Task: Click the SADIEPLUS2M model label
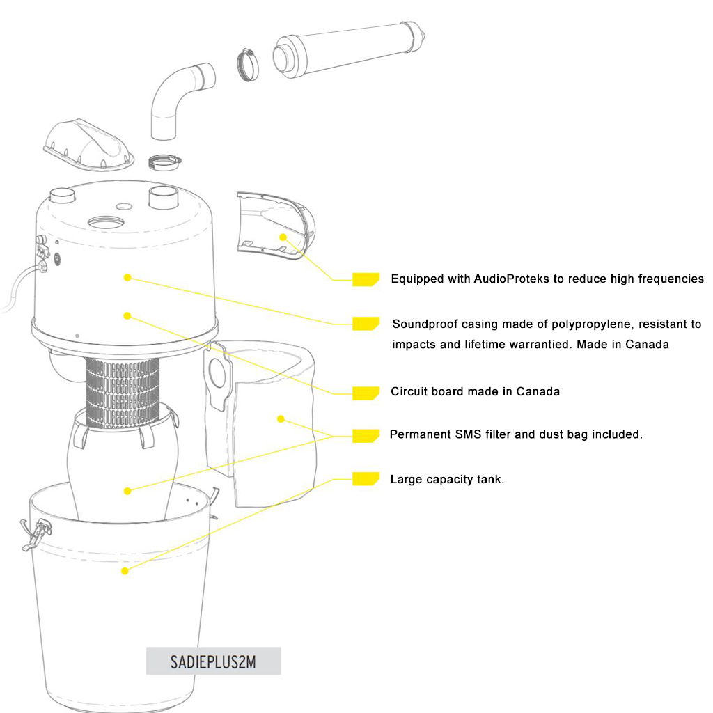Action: (x=213, y=661)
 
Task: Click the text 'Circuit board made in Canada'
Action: (x=475, y=391)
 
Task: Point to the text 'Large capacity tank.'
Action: (x=446, y=479)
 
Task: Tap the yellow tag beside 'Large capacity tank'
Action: (x=365, y=478)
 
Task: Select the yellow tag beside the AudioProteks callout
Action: (x=366, y=279)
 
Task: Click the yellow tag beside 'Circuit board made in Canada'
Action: (x=366, y=393)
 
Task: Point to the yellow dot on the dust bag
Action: (x=281, y=418)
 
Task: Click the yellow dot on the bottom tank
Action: (x=125, y=571)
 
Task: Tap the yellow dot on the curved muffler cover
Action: (x=283, y=237)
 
